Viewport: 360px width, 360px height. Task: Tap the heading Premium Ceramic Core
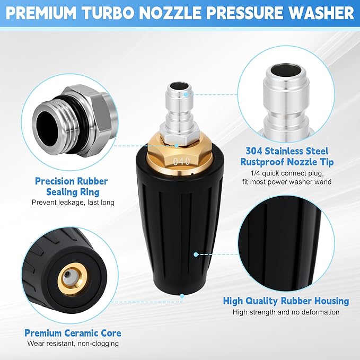(x=73, y=333)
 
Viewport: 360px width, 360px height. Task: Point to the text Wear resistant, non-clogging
(x=73, y=344)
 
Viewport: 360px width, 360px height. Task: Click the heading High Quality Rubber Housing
(x=286, y=301)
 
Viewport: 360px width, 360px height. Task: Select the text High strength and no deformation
(x=286, y=312)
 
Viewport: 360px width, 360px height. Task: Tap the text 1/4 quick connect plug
(x=286, y=173)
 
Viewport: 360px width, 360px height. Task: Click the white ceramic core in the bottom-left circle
(x=67, y=275)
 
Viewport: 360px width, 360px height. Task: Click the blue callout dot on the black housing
(x=196, y=254)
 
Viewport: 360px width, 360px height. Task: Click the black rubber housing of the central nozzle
(x=170, y=228)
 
